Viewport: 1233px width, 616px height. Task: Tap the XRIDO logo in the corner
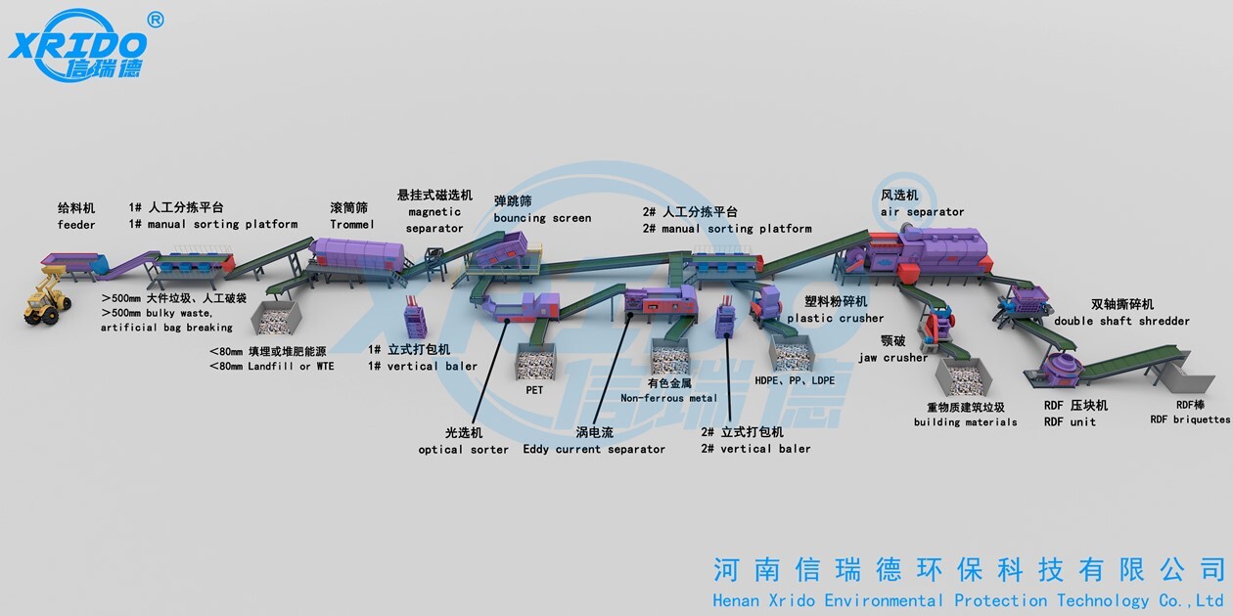78,44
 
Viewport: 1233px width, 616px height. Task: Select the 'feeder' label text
76,225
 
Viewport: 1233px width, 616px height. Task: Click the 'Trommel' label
352,225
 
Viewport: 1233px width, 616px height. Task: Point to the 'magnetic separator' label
434,220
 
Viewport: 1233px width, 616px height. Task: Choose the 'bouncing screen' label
542,218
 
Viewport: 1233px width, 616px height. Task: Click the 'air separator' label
922,212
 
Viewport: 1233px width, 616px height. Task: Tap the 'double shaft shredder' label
1121,321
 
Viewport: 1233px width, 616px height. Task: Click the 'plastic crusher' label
835,318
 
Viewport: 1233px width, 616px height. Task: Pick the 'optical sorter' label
464,450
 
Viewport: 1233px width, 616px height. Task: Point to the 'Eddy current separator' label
594,450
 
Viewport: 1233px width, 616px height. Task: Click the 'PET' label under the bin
534,389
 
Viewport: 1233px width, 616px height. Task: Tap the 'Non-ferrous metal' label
668,398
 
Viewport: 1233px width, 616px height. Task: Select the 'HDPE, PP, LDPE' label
795,380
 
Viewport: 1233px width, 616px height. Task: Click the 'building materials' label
965,422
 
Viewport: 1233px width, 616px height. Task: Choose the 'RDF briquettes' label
1190,419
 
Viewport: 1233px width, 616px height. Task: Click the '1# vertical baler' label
423,367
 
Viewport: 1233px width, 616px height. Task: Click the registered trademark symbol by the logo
155,20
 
